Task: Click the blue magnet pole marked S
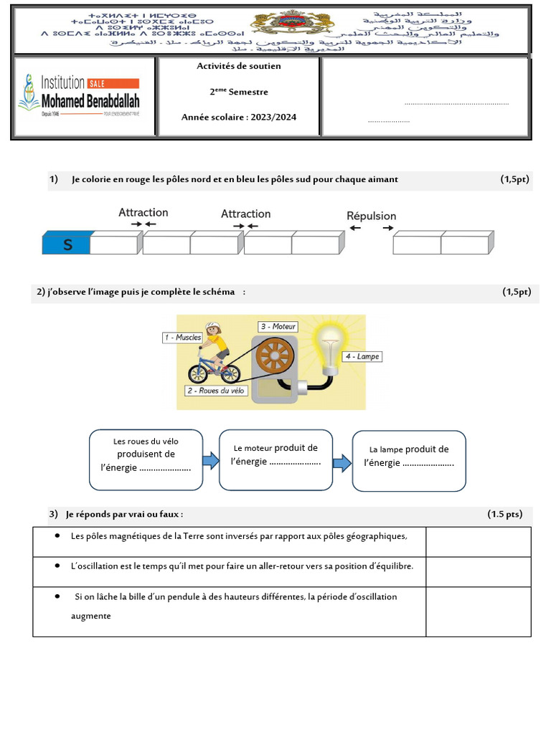click(67, 244)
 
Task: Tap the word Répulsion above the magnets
click(371, 216)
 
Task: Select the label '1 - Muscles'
click(182, 337)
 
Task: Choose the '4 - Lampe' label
click(362, 356)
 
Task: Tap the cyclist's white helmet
click(213, 328)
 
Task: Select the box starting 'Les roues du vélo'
click(146, 459)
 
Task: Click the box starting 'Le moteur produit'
click(275, 459)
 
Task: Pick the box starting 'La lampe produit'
click(409, 461)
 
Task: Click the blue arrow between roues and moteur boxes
click(211, 459)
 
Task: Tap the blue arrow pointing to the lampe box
click(342, 462)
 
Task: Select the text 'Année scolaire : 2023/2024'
click(239, 118)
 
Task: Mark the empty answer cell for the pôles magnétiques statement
click(478, 541)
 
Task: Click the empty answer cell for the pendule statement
click(478, 611)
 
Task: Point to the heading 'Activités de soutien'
click(239, 66)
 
